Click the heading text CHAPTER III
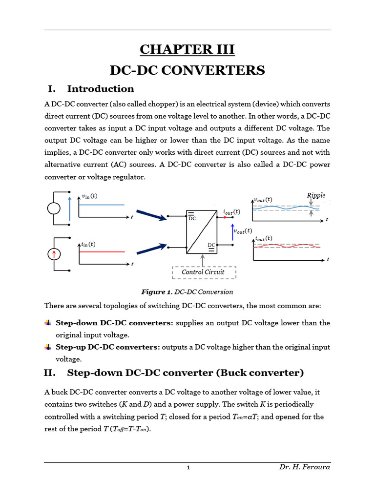click(187, 49)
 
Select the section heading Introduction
click(100, 89)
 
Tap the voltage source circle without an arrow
click(54, 209)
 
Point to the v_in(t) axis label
click(89, 196)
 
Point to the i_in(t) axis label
click(87, 244)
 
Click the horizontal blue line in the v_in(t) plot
click(102, 205)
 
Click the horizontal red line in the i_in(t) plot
click(102, 251)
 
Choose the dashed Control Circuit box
click(203, 272)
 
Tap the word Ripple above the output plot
click(316, 195)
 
